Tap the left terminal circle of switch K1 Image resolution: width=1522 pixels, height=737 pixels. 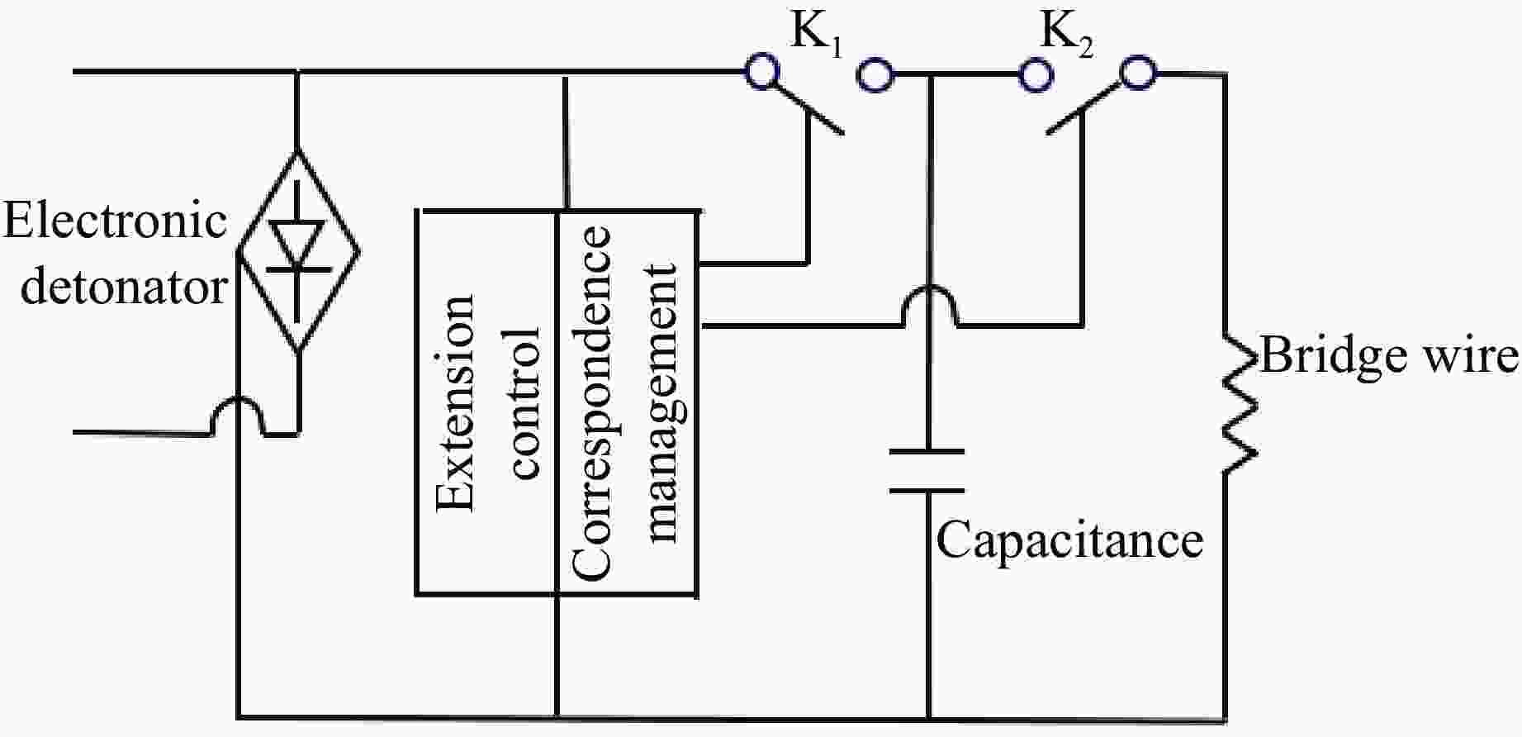tap(761, 71)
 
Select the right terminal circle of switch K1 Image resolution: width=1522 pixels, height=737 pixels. tap(875, 75)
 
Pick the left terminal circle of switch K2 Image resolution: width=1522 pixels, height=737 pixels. tap(1036, 75)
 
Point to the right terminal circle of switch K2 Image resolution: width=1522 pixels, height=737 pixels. tap(1138, 74)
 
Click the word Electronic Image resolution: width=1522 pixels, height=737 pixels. tap(116, 221)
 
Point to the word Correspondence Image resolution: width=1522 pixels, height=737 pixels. tap(590, 402)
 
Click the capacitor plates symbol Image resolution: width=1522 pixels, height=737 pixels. tap(927, 471)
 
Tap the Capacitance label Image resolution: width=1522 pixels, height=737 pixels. tap(1069, 540)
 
